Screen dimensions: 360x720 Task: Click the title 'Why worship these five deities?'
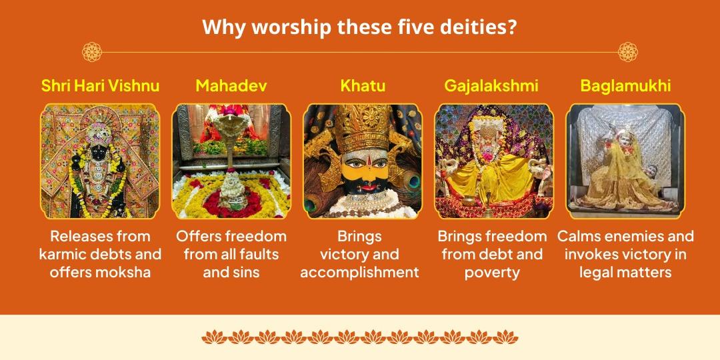(359, 28)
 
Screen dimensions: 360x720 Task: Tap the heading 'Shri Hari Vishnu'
(100, 86)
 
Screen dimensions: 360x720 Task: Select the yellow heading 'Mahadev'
(231, 86)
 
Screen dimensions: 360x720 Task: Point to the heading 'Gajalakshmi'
(491, 86)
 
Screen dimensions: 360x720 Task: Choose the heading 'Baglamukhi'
(625, 86)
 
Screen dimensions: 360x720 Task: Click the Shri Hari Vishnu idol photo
(100, 161)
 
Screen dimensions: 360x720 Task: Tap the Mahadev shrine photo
(231, 161)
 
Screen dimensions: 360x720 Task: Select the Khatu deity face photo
(363, 161)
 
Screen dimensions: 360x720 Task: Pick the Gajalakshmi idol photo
(494, 161)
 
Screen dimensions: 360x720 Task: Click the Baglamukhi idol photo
(625, 161)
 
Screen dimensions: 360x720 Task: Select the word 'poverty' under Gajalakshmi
(493, 273)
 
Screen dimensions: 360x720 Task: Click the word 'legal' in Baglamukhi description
(597, 273)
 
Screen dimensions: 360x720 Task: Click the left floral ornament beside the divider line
(91, 51)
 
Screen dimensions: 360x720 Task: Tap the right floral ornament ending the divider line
(627, 51)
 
